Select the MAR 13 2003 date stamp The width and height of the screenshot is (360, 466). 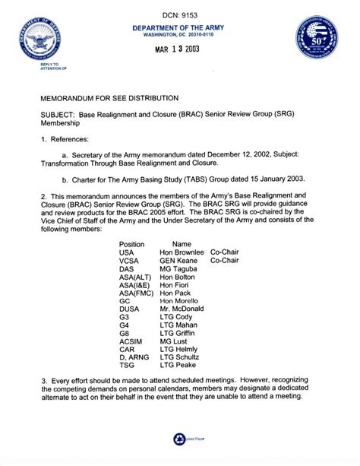tap(180, 52)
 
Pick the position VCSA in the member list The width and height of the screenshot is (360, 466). tap(130, 261)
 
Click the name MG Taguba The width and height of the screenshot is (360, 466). tap(178, 270)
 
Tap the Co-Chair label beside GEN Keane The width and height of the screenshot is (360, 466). tap(225, 261)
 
